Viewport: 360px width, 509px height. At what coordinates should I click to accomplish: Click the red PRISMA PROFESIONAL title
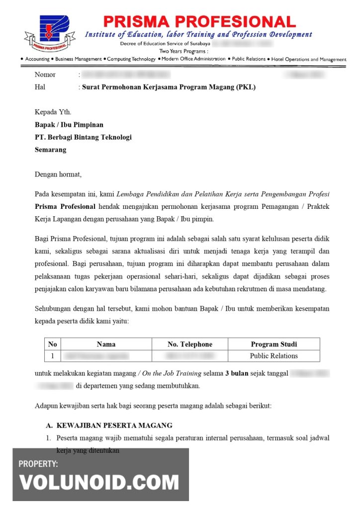point(199,22)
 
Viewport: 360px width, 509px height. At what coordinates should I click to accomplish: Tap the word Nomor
point(45,75)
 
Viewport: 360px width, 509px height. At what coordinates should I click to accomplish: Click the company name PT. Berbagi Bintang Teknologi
point(83,137)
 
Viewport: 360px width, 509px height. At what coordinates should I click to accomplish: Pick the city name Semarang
point(50,150)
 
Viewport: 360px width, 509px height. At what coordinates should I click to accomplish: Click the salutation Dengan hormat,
point(58,174)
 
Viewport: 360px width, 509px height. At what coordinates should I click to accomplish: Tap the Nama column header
point(106,344)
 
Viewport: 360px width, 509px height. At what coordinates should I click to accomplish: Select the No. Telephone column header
point(190,344)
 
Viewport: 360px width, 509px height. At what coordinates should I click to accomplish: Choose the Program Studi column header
point(273,344)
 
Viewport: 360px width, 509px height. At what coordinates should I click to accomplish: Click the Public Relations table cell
point(273,356)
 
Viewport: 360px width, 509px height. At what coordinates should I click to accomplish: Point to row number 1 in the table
point(52,356)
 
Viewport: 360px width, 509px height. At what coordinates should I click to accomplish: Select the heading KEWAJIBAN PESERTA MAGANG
point(114,425)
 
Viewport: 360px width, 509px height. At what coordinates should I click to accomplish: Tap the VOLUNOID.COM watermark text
point(99,482)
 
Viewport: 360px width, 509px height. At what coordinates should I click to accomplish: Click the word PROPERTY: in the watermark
point(38,464)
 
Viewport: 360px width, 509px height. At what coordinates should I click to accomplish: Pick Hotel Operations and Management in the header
point(308,59)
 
